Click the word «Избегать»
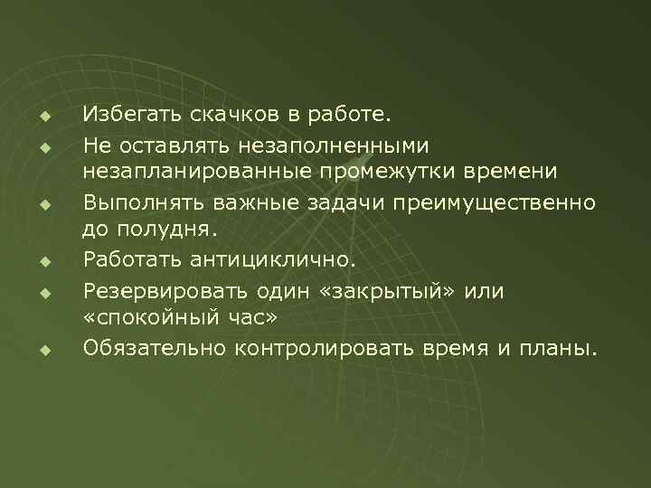pos(132,115)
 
